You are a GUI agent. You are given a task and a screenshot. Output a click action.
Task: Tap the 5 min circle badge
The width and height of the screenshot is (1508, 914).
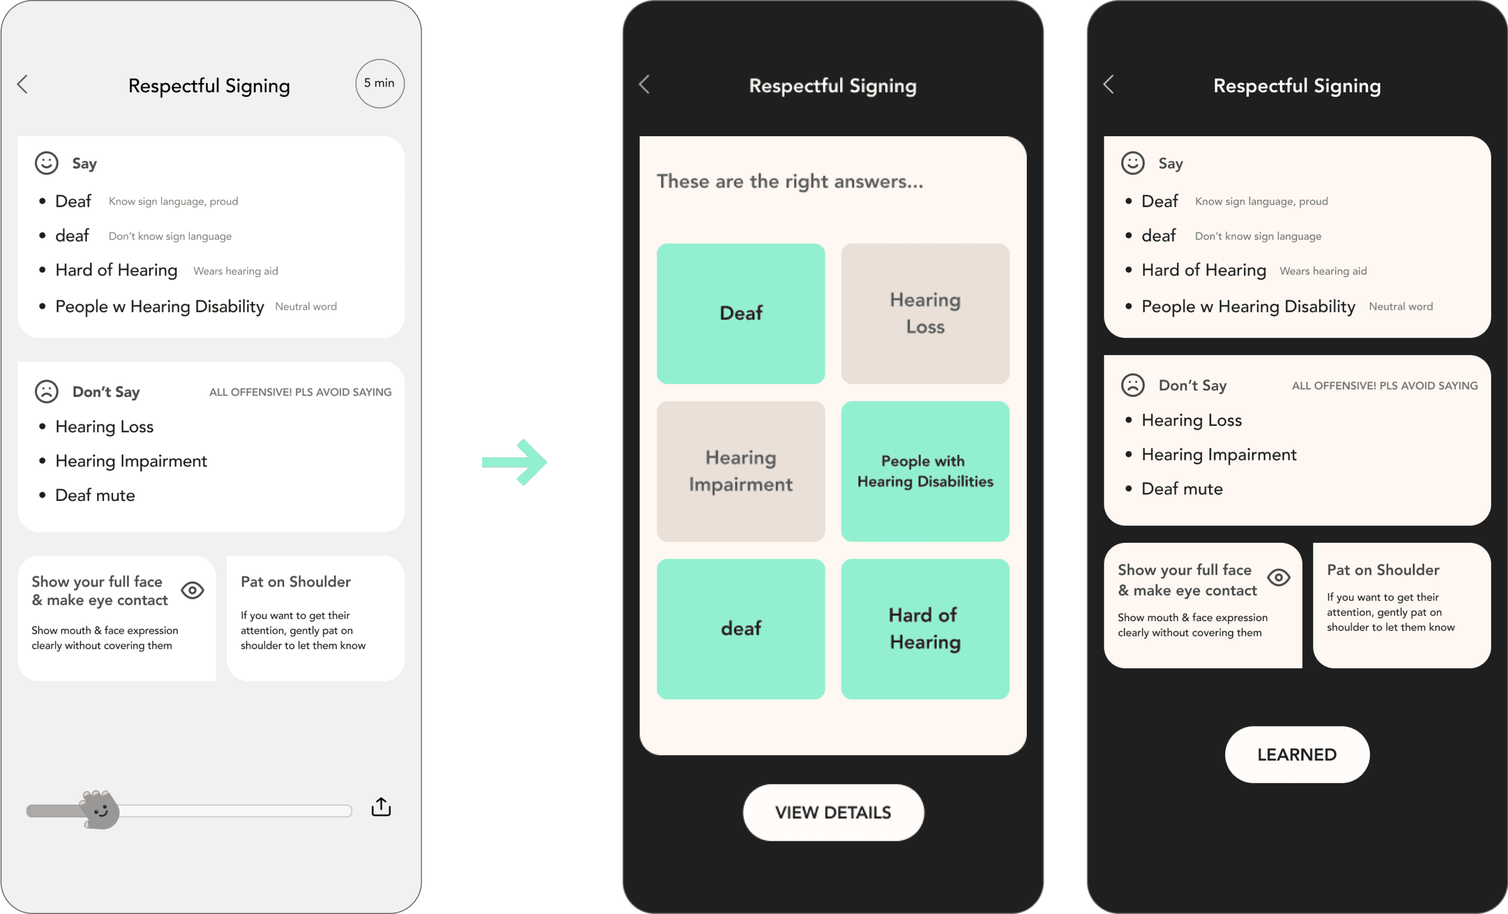379,83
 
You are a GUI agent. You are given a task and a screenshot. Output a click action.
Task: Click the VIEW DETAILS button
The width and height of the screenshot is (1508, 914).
832,813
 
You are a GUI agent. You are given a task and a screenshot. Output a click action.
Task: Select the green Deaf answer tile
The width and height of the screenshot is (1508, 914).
741,313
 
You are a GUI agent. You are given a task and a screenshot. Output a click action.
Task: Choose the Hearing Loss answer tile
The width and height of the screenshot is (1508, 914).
925,313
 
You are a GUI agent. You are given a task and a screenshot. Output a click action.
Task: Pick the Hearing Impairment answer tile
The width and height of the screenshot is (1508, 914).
741,471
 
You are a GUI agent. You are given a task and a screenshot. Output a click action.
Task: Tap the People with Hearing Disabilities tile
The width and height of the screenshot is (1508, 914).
925,471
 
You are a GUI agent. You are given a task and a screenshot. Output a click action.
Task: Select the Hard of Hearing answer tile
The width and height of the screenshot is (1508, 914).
925,629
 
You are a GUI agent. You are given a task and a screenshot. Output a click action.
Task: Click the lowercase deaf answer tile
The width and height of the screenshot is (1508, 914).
741,629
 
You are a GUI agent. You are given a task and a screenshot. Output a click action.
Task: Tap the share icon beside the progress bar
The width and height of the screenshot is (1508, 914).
381,807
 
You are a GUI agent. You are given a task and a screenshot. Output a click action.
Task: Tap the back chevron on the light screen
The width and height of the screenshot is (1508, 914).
23,84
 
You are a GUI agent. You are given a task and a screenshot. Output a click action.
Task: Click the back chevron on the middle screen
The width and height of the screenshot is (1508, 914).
644,84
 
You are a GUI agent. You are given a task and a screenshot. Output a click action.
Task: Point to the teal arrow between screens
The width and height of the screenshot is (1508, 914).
514,462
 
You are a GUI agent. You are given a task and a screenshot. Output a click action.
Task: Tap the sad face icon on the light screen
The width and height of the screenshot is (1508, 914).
47,392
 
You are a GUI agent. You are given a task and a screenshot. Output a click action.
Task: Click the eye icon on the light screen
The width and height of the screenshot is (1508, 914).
192,590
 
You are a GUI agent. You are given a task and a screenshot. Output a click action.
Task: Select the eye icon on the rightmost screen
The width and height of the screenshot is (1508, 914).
1279,577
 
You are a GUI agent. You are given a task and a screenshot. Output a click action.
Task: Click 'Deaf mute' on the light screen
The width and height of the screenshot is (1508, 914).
95,495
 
